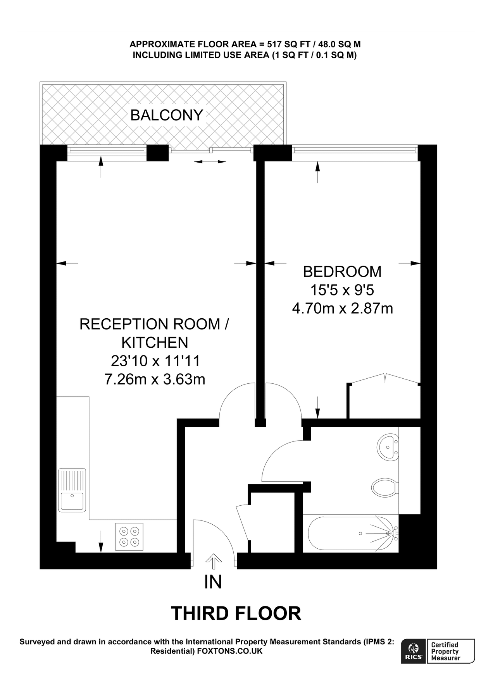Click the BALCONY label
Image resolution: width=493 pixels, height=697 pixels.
(x=167, y=115)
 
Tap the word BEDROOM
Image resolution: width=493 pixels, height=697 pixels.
(x=342, y=272)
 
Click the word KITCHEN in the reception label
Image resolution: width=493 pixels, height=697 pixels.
(x=155, y=342)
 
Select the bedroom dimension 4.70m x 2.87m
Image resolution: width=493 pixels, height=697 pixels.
(x=342, y=309)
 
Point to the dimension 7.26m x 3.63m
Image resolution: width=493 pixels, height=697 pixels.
(x=155, y=379)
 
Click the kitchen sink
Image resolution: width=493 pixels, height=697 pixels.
(x=72, y=490)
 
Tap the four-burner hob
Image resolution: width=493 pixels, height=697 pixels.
(x=129, y=536)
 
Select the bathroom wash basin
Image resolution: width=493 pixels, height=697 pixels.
(x=387, y=447)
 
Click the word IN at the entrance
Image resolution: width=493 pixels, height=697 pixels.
(x=213, y=582)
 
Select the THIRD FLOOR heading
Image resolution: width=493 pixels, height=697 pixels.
(x=236, y=614)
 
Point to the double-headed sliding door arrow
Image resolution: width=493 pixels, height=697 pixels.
(x=210, y=162)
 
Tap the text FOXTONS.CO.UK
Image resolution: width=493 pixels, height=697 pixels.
(x=230, y=651)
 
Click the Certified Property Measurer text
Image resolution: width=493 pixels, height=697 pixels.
(x=446, y=651)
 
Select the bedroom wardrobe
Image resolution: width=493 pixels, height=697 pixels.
(x=384, y=401)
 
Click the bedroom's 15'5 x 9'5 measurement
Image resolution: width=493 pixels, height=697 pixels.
(x=342, y=290)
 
